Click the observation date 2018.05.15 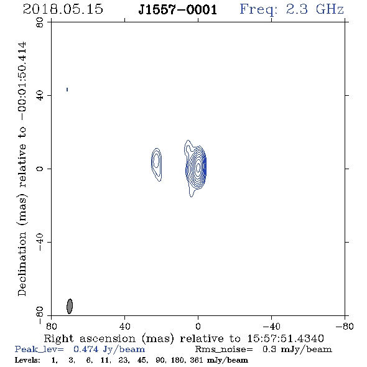pos(63,9)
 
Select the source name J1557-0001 pos(178,10)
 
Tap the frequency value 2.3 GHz pos(315,9)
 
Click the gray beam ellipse pos(70,306)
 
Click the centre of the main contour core pos(198,167)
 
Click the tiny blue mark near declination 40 pos(67,90)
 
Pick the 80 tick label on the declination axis pos(40,22)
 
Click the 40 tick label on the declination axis pos(40,96)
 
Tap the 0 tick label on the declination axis pos(40,169)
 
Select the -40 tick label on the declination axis pos(40,242)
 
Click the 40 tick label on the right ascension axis pos(124,326)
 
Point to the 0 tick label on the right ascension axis pos(198,326)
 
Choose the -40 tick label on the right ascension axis pos(271,326)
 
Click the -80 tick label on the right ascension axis pos(345,326)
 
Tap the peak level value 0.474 pos(86,349)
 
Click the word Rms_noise pos(224,350)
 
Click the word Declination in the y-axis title pos(22,264)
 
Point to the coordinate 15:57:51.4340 pos(286,338)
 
